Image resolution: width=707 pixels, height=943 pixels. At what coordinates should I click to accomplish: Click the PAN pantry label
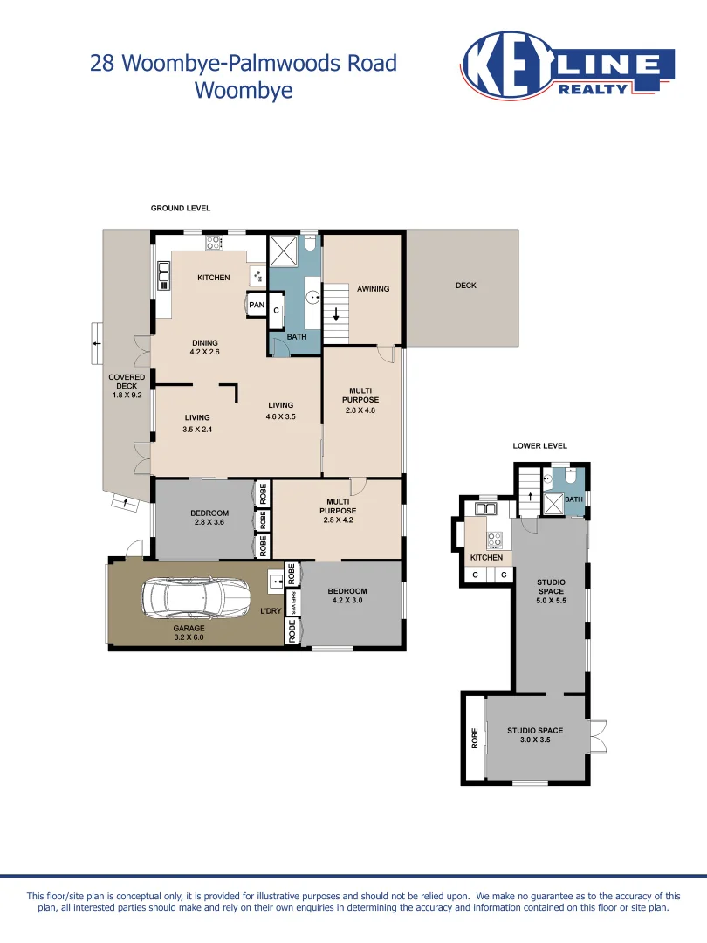coord(257,305)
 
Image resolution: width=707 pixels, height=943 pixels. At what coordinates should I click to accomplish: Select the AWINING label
coord(373,289)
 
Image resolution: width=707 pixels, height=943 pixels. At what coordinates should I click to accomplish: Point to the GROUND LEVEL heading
coord(181,209)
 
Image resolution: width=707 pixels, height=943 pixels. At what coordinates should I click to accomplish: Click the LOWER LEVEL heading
coord(539,445)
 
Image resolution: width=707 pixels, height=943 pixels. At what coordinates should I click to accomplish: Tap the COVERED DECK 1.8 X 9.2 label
coord(127,386)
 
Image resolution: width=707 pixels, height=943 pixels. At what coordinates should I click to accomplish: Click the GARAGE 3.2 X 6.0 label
coord(189,633)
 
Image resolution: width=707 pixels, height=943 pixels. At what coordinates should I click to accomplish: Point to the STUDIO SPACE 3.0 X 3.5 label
coord(535,735)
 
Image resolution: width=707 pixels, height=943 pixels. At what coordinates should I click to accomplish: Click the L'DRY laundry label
coord(271,611)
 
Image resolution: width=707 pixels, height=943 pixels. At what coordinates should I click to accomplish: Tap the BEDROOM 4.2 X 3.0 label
coord(347,596)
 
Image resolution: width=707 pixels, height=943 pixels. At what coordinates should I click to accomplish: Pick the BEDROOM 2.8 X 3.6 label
coord(209,518)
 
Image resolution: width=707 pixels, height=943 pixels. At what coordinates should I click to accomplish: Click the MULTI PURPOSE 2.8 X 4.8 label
coord(360,401)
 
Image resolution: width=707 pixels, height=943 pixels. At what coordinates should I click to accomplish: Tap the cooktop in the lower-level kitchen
coord(495,539)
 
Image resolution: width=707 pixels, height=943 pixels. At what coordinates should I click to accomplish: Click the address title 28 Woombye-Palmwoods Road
coord(244,64)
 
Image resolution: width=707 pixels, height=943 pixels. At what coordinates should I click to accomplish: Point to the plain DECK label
coord(466,286)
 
